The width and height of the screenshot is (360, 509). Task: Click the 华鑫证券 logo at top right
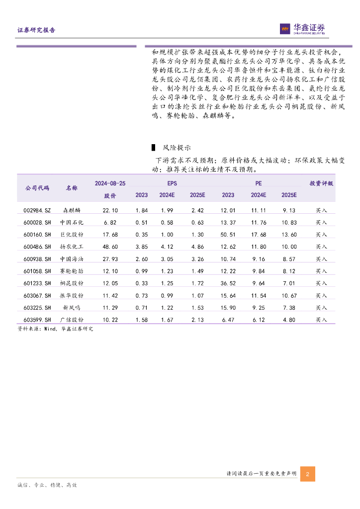coord(302,29)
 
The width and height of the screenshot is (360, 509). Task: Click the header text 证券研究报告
coord(36,30)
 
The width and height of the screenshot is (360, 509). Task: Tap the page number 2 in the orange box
coord(307,474)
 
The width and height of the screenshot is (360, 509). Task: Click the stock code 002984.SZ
coord(37,210)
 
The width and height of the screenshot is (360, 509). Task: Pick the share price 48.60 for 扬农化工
coord(110,247)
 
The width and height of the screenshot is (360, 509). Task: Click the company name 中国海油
coord(72,259)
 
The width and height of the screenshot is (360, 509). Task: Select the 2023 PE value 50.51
coord(228,235)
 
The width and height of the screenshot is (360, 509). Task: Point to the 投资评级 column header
coord(321,183)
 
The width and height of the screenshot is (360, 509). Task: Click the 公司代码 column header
coord(37,188)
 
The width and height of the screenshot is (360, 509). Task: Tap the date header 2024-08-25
coord(110,183)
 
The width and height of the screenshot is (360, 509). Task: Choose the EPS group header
coord(172,183)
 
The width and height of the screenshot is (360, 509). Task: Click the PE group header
coord(259,183)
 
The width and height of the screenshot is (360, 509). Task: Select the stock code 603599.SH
coord(37,320)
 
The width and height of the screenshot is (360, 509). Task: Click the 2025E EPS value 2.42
coord(197,210)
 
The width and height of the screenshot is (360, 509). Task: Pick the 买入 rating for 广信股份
coord(321,320)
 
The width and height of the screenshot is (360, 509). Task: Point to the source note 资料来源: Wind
coord(55,329)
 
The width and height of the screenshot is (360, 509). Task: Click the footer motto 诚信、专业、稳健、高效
coord(47,485)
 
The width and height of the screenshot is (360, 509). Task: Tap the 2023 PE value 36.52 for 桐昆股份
coord(228,283)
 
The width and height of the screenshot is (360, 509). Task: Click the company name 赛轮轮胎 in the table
coord(72,271)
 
